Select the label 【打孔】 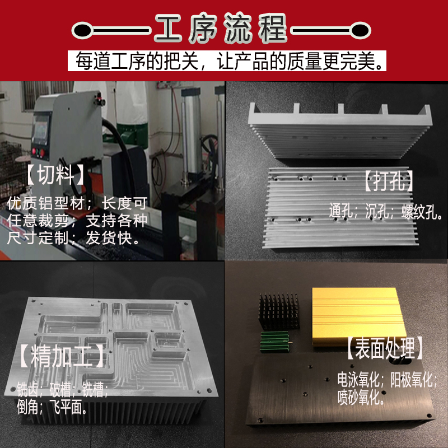point(388,181)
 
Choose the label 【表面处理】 point(384,348)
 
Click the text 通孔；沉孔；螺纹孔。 point(386,212)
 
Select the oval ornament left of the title point(83,29)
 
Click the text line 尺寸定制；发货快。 point(73,238)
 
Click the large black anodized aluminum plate point(342,392)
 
